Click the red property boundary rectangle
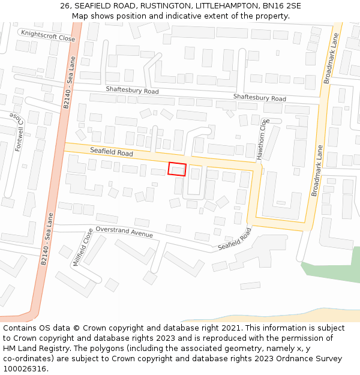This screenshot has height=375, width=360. pos(177,169)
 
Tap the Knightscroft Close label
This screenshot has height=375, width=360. pos(48,35)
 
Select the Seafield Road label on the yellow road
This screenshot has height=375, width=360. pos(112,153)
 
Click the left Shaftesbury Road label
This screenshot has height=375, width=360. pos(132,91)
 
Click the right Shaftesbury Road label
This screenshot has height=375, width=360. pos(260,98)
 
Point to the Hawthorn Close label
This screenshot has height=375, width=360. pos(263,139)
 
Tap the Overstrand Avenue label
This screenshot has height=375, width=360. pos(124,232)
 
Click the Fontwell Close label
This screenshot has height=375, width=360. pos(19,133)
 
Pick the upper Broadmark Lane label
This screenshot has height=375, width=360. pos(331,58)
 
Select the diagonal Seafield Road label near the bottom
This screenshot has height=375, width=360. pos(235,239)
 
